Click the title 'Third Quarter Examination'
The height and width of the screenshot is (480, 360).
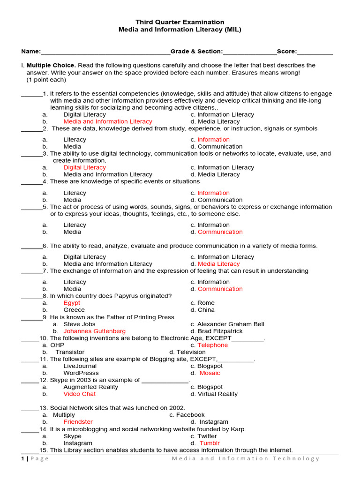click(180, 22)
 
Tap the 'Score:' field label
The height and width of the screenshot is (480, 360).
click(287, 51)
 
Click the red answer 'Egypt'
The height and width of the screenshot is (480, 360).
click(72, 303)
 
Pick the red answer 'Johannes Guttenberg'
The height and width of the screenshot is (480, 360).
click(95, 331)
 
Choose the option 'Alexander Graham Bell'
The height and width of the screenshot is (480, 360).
click(231, 324)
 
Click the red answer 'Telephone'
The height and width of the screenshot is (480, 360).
click(212, 345)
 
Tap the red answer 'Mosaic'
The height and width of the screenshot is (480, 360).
click(210, 373)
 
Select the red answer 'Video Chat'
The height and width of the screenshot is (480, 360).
click(80, 394)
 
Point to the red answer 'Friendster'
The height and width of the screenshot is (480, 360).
click(78, 422)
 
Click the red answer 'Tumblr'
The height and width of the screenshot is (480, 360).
click(210, 443)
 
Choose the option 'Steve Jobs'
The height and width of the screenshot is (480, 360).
click(79, 324)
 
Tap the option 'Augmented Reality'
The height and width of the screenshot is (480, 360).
click(91, 387)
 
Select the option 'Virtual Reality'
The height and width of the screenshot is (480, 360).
click(217, 394)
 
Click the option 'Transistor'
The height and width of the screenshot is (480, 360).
click(70, 352)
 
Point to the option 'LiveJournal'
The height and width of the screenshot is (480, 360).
click(80, 366)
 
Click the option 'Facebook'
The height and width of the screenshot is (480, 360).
click(190, 415)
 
